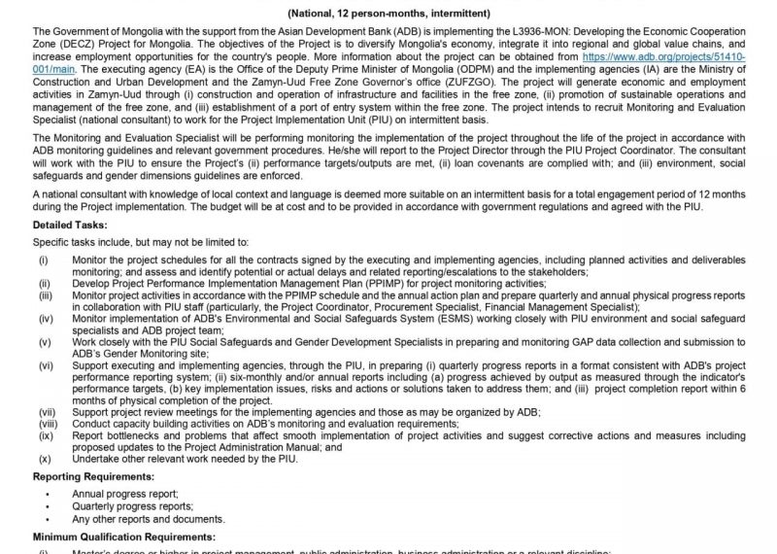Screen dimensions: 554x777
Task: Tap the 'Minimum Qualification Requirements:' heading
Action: [123, 537]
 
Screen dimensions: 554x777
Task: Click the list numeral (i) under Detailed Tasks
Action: [43, 260]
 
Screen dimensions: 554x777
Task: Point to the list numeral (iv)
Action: [45, 318]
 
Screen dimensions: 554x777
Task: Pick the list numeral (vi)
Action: [45, 364]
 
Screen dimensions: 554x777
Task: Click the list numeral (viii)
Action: [47, 424]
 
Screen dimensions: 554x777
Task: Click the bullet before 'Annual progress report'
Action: [47, 493]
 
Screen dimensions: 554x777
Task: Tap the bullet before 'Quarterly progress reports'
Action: [47, 506]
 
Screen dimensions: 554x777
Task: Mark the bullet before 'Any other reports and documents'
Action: [47, 520]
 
